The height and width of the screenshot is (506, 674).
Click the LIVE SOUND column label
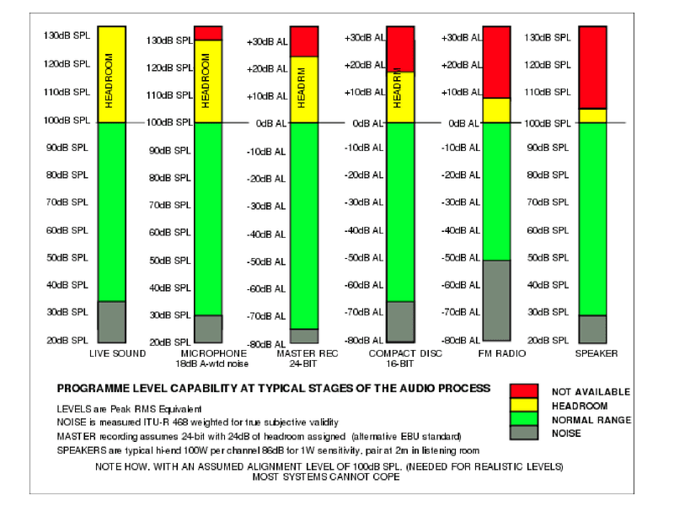(117, 353)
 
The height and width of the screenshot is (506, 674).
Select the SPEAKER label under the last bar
(596, 353)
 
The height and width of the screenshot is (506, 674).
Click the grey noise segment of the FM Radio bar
(497, 300)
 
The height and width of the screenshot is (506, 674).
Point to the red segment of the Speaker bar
(593, 67)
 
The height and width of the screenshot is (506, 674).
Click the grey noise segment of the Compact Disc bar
(400, 321)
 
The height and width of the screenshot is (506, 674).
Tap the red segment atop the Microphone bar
(208, 33)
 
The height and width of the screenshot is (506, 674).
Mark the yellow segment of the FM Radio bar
(497, 110)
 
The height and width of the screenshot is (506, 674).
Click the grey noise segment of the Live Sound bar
(111, 321)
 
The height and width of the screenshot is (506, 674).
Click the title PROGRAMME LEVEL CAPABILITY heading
(273, 389)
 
